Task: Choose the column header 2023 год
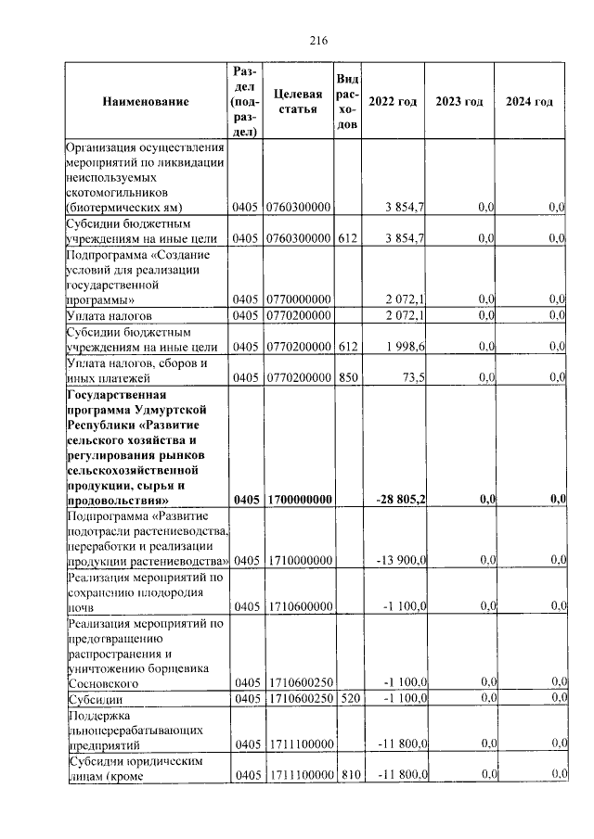coord(459,102)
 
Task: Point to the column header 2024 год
coord(529,102)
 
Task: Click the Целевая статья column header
coord(299,102)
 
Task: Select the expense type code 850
coord(347,377)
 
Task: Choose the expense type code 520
coord(347,697)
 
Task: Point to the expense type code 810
coord(347,774)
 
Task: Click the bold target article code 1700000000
coord(300,501)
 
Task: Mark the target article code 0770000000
coord(300,300)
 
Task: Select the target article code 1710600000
coord(300,606)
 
